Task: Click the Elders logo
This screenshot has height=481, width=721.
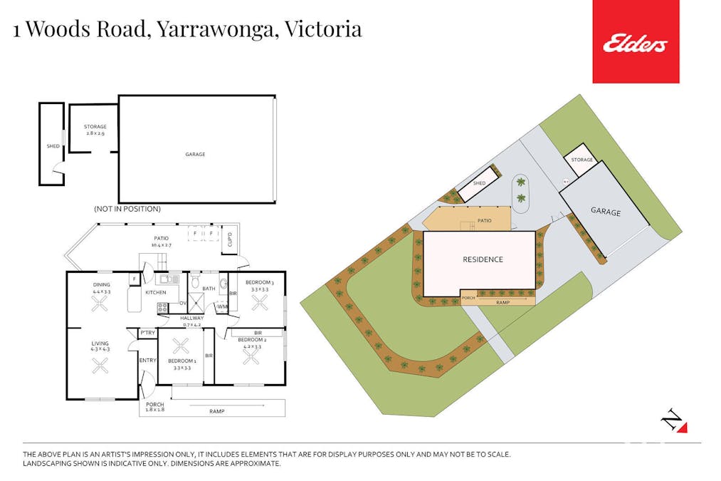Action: tap(636, 43)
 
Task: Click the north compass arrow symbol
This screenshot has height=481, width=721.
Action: tap(673, 421)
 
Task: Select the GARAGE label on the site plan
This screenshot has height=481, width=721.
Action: tap(605, 212)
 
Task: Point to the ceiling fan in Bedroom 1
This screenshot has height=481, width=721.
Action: tap(181, 347)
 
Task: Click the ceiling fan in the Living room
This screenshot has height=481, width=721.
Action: tap(100, 366)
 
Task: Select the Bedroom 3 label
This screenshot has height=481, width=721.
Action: tap(257, 283)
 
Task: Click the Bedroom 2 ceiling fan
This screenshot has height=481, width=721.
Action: tap(251, 356)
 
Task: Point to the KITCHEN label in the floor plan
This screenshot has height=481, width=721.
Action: tap(156, 292)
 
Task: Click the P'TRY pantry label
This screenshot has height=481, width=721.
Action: tap(147, 333)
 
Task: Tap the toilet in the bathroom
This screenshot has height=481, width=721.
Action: tap(196, 283)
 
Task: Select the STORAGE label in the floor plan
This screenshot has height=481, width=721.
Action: tap(95, 127)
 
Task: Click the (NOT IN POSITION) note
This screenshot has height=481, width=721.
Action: tap(127, 209)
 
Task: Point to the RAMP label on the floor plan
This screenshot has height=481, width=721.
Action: tap(217, 411)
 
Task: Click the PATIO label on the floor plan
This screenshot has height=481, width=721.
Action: tap(161, 239)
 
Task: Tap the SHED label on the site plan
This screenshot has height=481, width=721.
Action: tap(479, 183)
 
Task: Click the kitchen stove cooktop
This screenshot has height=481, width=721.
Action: tap(162, 308)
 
